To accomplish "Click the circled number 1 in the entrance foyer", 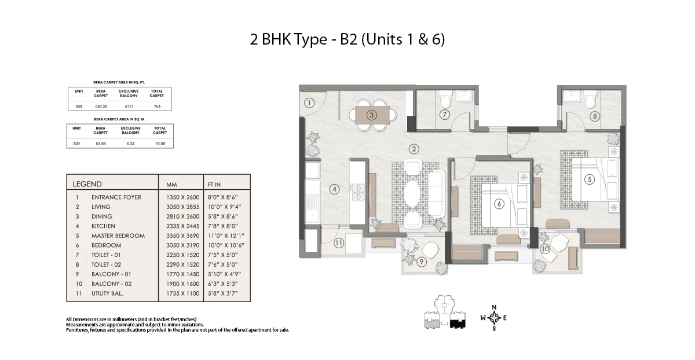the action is click(309, 103).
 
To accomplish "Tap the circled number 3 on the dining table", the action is click(371, 115).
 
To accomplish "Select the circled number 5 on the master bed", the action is click(590, 179).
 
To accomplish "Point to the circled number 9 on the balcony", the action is click(422, 262).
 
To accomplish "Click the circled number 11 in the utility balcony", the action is click(338, 243).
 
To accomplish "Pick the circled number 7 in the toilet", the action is click(445, 115).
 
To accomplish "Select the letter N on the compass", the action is click(494, 307).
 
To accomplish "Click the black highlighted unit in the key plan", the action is click(458, 324).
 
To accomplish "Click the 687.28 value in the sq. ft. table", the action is click(101, 106).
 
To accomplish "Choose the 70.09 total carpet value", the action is click(160, 144).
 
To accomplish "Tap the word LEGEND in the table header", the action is click(87, 184).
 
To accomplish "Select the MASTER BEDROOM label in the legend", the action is click(118, 236).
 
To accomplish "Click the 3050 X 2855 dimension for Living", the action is click(183, 207).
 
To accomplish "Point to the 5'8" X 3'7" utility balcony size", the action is click(223, 293).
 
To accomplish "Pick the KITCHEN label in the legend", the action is click(103, 226).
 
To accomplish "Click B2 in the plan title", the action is click(349, 39).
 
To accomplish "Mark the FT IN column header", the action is click(214, 185).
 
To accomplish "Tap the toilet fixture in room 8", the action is click(590, 98).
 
